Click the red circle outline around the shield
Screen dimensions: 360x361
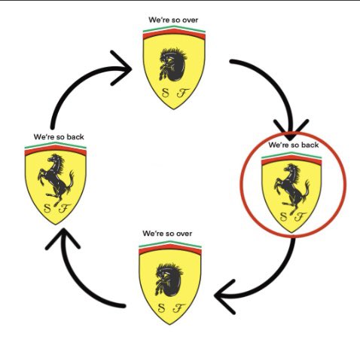tap(241, 185)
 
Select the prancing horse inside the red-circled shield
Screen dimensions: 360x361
tap(291, 189)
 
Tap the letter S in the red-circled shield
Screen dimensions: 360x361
tap(283, 216)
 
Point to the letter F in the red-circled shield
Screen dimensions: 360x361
tap(300, 216)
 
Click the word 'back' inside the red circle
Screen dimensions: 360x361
tap(310, 145)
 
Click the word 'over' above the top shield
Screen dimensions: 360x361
tap(190, 20)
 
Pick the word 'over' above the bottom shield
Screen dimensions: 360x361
tap(185, 234)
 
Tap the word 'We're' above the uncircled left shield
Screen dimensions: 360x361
tap(44, 137)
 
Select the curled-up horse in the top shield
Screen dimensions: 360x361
tap(173, 65)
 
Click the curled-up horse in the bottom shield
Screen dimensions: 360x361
tap(169, 280)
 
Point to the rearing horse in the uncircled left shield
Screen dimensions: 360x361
tap(56, 180)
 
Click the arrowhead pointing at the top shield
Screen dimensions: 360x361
tap(121, 68)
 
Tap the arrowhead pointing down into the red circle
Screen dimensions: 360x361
tap(291, 130)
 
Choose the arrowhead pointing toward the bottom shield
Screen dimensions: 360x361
tap(224, 296)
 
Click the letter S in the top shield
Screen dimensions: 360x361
tap(165, 93)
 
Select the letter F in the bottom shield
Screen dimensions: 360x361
tap(178, 308)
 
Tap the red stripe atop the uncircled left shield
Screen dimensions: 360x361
tap(56, 150)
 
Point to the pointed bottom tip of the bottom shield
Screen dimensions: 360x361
tap(169, 325)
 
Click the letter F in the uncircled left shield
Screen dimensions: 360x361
tap(64, 208)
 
